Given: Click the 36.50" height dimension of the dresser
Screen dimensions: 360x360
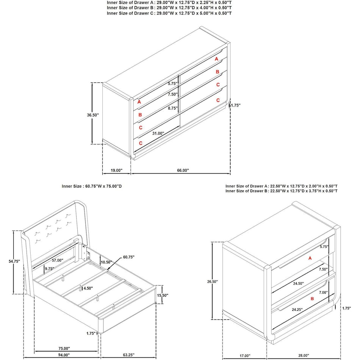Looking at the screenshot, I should point(92,114).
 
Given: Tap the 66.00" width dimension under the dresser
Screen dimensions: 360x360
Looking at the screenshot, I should point(183,171).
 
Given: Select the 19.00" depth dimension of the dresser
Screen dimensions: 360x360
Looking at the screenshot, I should point(117,171).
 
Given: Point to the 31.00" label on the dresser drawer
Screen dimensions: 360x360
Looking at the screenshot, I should point(158,133).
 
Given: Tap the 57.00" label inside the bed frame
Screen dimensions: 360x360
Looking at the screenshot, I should point(57,260).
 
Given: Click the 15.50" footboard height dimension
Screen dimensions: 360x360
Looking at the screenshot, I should point(162,295).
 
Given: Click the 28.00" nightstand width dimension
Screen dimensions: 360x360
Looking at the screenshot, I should point(303,355).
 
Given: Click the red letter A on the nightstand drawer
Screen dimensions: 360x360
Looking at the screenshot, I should point(310,258).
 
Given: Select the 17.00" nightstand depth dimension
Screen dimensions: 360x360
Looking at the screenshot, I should point(245,355).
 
